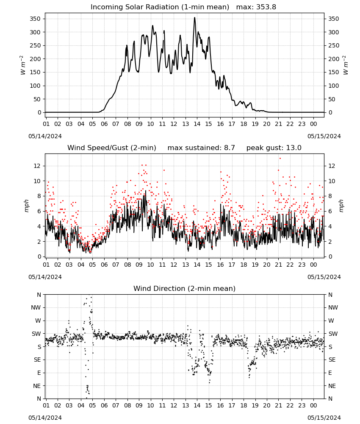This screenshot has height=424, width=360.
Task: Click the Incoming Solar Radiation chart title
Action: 160,7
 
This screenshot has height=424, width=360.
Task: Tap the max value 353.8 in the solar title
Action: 266,7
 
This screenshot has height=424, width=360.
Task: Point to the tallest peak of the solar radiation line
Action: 194,18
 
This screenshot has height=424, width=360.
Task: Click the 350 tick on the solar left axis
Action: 35,19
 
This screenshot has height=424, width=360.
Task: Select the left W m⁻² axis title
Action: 23,65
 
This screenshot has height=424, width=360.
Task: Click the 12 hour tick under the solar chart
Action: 174,124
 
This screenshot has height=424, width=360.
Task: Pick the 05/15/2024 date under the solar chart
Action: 324,136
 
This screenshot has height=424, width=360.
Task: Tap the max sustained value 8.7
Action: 229,148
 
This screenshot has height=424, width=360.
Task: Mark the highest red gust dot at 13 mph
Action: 280,159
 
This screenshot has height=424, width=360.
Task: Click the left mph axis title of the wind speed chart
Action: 26,206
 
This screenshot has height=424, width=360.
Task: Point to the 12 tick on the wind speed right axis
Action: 331,166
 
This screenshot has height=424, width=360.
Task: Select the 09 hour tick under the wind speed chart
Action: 139,265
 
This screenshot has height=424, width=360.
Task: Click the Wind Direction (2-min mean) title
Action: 185,288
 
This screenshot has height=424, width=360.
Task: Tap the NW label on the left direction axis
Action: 36,307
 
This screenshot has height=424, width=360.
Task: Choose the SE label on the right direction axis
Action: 332,360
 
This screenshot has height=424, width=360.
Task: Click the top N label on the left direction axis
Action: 39,295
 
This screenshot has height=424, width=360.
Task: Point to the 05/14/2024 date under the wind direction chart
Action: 45,418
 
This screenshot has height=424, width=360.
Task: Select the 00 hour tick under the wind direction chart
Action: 313,405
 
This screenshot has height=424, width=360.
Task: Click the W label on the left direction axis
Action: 38,321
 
